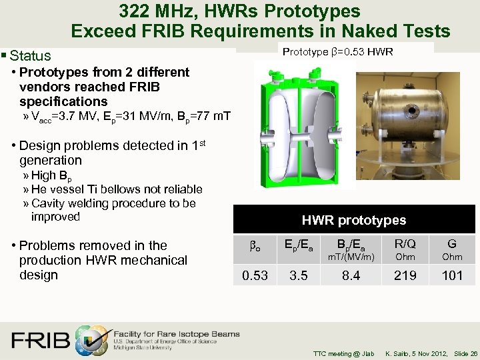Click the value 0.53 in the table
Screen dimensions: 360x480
point(255,275)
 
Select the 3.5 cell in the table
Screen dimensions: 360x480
point(299,275)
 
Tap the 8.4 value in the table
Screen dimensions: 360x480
point(351,275)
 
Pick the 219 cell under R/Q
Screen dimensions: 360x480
point(405,275)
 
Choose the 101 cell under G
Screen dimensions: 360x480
point(452,275)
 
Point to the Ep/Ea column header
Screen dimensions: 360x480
point(299,244)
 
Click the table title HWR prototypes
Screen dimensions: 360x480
point(354,220)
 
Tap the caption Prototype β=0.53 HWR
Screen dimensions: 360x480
point(338,51)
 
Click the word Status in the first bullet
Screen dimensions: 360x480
point(30,56)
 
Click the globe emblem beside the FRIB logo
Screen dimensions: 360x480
point(91,339)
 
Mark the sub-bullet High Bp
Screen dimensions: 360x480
point(52,175)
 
